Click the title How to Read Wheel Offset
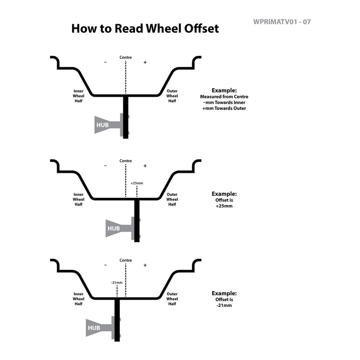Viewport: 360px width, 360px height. (x=145, y=29)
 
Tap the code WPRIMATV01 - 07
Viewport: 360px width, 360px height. (x=282, y=22)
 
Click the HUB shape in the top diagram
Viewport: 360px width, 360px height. (x=108, y=125)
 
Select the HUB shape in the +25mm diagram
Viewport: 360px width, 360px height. (x=119, y=228)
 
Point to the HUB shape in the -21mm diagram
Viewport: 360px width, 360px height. (x=99, y=328)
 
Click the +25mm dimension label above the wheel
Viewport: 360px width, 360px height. (x=137, y=183)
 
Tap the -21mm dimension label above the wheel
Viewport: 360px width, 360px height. (x=117, y=283)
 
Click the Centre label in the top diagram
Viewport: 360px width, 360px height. (x=126, y=58)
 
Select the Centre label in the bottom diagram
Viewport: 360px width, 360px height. (x=126, y=260)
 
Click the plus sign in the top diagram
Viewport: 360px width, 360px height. (x=145, y=62)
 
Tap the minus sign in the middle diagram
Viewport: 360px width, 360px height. (x=105, y=166)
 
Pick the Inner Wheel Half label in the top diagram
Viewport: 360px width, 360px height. (x=78, y=96)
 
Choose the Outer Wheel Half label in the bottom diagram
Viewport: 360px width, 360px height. (x=172, y=299)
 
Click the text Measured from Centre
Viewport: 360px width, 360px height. (x=224, y=97)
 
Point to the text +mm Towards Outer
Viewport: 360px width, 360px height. (x=224, y=108)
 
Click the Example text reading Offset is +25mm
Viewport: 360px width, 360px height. (x=224, y=200)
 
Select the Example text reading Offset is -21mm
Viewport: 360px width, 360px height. (x=224, y=299)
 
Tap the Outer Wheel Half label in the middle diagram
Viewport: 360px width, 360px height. (x=172, y=199)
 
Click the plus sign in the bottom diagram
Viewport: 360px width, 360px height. (x=145, y=265)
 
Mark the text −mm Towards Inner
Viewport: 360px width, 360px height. (x=224, y=103)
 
